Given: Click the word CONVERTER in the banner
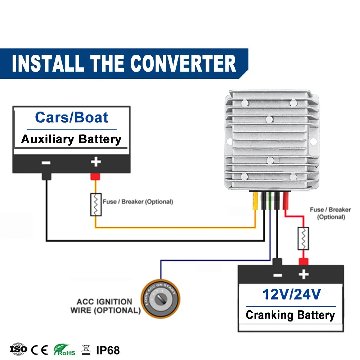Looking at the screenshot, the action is [x=183, y=63].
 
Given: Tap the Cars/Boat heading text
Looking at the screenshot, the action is [x=72, y=118].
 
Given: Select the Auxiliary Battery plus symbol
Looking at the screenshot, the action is [x=96, y=162].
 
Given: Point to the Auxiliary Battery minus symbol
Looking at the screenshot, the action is [x=46, y=163].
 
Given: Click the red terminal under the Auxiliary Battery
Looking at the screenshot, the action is [x=95, y=176].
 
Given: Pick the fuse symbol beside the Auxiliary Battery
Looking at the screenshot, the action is [x=96, y=204].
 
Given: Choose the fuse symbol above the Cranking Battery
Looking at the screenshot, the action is [x=303, y=238].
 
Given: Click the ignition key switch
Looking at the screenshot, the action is [x=161, y=299].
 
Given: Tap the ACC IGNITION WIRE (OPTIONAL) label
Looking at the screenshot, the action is [x=105, y=306].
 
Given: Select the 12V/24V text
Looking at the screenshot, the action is [x=292, y=294].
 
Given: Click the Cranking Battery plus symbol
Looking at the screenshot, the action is [x=303, y=274].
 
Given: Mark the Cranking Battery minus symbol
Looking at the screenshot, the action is [x=278, y=275].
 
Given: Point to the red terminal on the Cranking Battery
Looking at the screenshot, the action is [x=303, y=262].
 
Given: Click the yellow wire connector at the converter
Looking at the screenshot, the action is [x=255, y=201].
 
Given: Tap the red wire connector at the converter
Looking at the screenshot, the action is [x=285, y=201].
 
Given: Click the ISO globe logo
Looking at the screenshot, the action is [x=18, y=349].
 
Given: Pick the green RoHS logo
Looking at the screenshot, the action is [x=64, y=350].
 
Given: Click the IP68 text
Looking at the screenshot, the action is [x=108, y=350].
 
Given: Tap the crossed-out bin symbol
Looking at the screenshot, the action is [x=86, y=350].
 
